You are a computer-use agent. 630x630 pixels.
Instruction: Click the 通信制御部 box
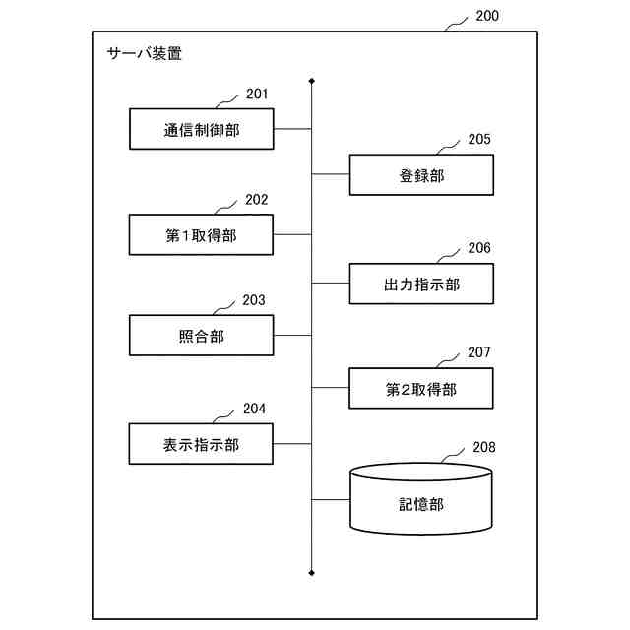(202, 129)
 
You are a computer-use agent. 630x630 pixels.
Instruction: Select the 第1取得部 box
(202, 235)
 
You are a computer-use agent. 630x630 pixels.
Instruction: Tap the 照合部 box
(202, 336)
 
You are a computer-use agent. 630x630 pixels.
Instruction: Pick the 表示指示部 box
(202, 444)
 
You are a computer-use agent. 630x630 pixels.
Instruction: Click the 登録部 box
(421, 175)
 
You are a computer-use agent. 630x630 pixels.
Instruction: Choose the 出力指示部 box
(421, 284)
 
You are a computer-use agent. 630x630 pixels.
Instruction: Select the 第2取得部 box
(421, 389)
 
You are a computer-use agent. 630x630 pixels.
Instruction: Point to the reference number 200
(486, 16)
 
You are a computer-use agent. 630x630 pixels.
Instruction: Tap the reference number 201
(257, 94)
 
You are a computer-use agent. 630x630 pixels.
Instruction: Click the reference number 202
(257, 200)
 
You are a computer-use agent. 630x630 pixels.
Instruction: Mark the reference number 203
(254, 300)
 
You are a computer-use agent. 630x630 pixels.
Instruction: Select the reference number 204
(254, 409)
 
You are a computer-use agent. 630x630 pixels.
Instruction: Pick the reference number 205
(479, 140)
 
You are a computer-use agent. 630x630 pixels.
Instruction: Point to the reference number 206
(479, 248)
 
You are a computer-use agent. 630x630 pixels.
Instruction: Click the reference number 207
(479, 352)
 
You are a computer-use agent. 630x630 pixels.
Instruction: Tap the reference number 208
(484, 447)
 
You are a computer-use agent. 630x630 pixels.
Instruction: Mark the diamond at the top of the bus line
(312, 81)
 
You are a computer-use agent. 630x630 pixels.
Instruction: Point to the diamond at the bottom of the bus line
(312, 571)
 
